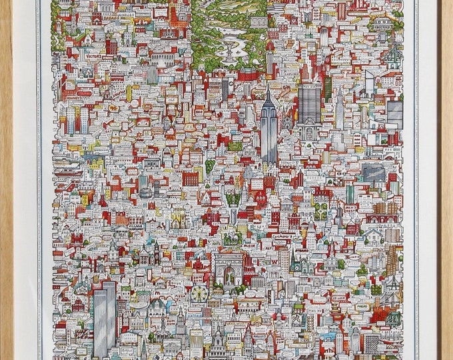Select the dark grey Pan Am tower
pos(308,103)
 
